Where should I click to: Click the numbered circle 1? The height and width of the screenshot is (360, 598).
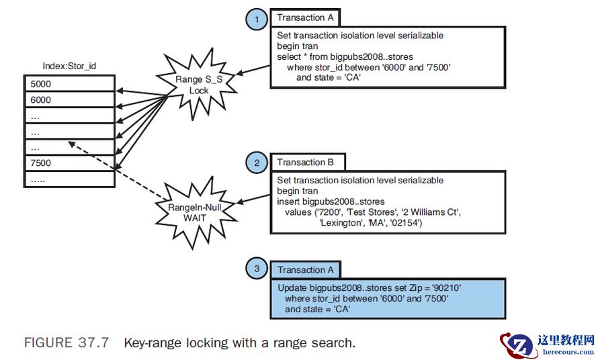tap(257, 19)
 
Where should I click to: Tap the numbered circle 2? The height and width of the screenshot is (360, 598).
tap(257, 163)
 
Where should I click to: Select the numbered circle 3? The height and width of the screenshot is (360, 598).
tap(257, 270)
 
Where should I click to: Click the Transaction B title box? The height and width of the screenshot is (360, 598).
tap(307, 162)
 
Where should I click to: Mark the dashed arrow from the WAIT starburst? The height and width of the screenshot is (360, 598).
tap(118, 172)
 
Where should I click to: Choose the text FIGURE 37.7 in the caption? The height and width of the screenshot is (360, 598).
tap(66, 343)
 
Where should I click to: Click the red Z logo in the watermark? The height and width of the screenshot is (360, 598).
tap(517, 345)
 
